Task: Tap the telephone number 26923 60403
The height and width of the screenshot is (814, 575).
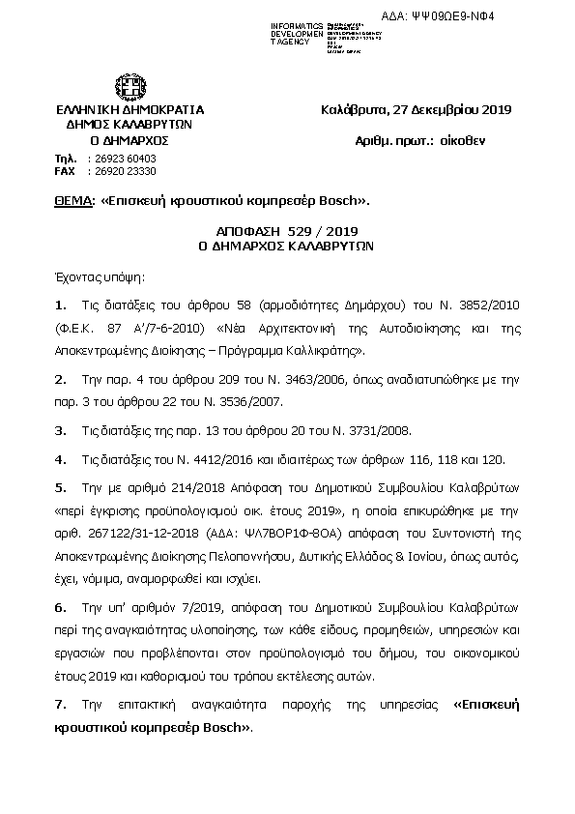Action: pos(122,158)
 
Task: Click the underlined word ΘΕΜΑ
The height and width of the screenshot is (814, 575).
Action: pos(74,202)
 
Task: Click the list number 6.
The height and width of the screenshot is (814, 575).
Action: pos(60,607)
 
